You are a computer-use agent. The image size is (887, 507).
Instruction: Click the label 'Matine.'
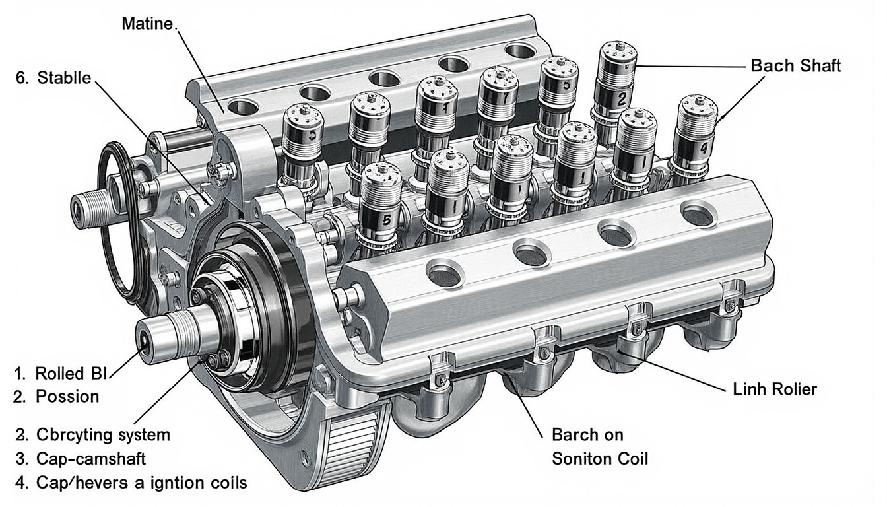pos(148,24)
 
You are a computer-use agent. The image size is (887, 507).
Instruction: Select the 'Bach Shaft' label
pos(795,66)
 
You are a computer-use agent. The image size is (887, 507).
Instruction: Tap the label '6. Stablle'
pos(53,78)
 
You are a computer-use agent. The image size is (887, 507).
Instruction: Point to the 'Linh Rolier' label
pos(775,389)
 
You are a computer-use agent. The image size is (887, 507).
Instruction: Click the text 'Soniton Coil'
pos(600,459)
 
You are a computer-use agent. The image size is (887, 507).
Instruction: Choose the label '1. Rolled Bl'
pos(61,374)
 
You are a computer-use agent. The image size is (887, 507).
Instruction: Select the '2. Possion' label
pos(56,397)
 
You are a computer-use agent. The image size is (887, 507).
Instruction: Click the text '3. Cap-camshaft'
pos(81,459)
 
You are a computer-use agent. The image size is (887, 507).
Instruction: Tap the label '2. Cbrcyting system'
pos(93,435)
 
